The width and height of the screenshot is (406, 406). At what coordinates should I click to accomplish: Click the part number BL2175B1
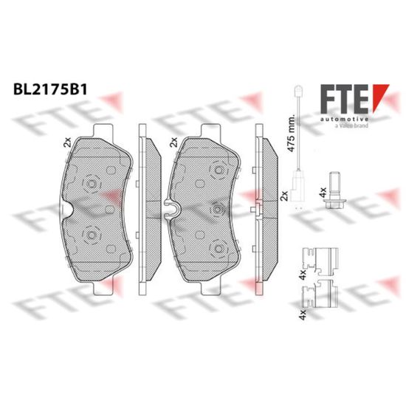coord(50,89)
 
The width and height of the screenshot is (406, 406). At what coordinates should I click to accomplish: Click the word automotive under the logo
coord(345,120)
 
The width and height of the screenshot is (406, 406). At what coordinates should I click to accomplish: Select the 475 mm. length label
coord(291,133)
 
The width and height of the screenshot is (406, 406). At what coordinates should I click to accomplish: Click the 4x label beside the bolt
coord(323,193)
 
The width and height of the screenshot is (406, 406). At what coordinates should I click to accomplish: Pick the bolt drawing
coord(335,190)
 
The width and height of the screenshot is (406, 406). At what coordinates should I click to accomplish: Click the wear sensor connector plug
coord(298,185)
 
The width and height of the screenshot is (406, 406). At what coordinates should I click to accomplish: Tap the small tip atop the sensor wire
coord(298,90)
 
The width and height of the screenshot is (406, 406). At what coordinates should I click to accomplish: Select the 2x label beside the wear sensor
coord(284,196)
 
